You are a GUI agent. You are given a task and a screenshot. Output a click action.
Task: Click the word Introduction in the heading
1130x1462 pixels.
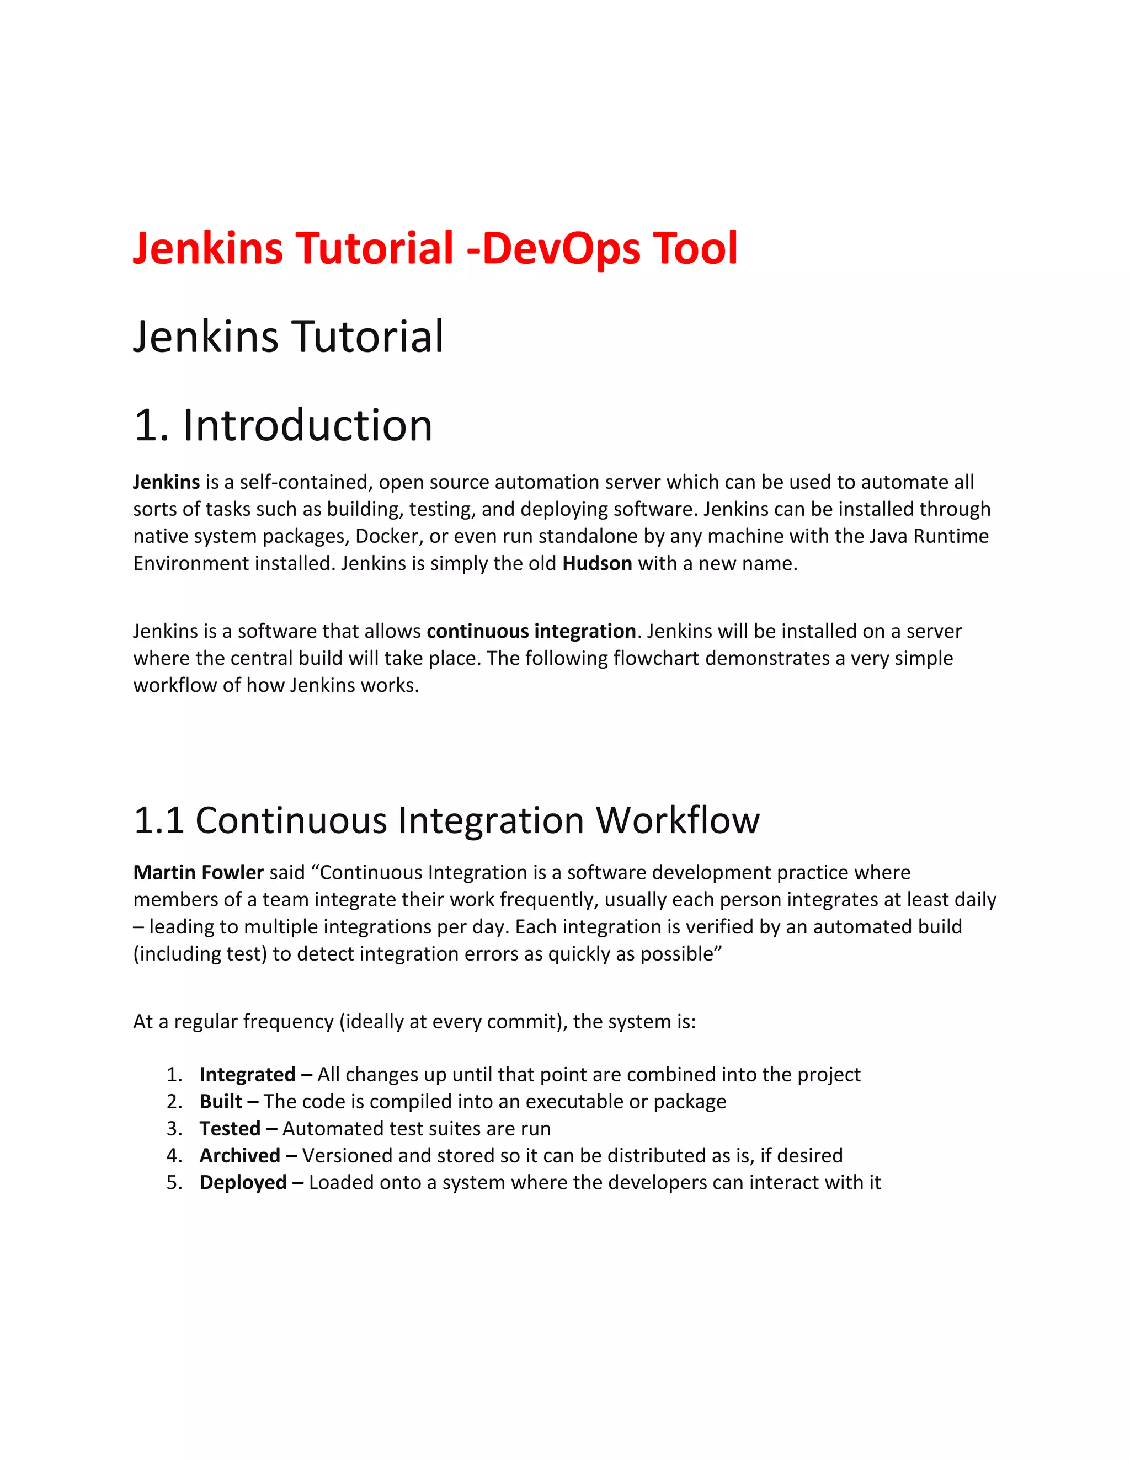(x=307, y=426)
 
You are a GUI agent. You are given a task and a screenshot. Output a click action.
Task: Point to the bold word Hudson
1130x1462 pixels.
(x=597, y=564)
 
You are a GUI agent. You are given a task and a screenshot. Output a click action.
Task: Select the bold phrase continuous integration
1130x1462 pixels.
(x=531, y=631)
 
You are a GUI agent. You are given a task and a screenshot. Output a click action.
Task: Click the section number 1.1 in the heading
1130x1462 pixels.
(x=159, y=821)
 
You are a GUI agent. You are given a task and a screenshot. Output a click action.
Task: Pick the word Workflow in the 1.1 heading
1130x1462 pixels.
(x=678, y=821)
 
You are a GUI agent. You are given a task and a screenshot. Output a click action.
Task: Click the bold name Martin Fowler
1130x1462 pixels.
(x=198, y=873)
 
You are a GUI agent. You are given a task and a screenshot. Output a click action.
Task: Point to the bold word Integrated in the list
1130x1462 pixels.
(x=247, y=1074)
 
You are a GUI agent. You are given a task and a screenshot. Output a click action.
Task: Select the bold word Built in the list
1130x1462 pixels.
(x=221, y=1102)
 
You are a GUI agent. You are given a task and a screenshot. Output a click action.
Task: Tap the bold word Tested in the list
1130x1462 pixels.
(x=230, y=1129)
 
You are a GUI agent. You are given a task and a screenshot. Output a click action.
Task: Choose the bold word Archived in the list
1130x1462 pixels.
(x=239, y=1156)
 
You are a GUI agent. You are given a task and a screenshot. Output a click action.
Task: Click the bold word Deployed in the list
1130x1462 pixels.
(x=243, y=1183)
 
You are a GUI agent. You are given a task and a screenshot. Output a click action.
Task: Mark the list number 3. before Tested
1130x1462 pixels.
(x=174, y=1129)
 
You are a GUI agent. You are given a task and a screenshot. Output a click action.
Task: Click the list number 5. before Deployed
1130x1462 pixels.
(x=174, y=1183)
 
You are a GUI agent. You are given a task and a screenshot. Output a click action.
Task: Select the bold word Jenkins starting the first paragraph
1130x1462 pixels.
(x=167, y=482)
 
